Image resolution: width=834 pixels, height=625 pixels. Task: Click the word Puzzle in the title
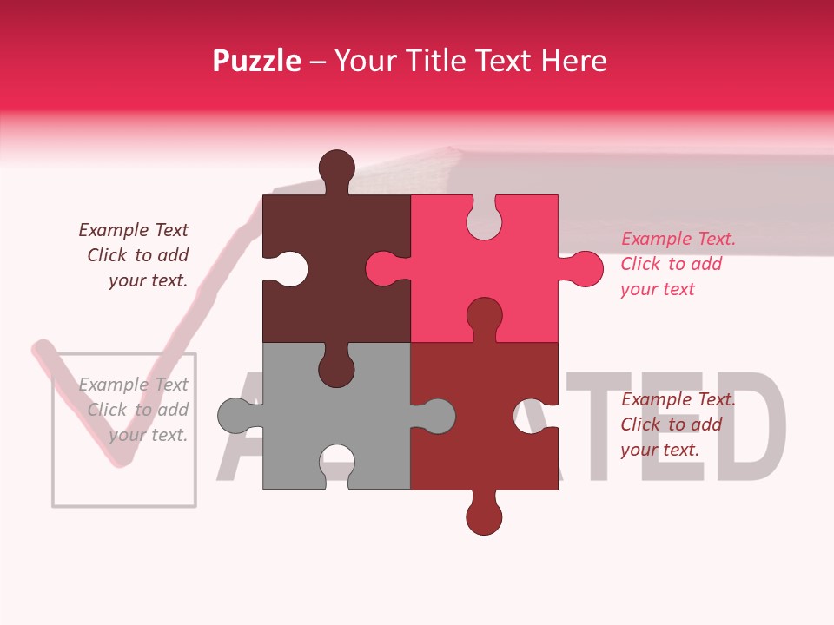(256, 61)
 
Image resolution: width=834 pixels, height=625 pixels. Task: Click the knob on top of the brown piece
(336, 168)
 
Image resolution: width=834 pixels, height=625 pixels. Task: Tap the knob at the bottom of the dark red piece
(484, 517)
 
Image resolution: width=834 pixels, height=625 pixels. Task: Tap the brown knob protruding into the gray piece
(335, 368)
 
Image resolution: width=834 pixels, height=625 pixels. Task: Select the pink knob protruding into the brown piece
(383, 268)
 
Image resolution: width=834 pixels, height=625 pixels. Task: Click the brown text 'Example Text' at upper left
(133, 230)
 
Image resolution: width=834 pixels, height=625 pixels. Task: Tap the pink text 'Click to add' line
(671, 264)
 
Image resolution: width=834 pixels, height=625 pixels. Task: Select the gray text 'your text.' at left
(148, 435)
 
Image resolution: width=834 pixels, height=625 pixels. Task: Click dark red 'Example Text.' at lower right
(678, 399)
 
